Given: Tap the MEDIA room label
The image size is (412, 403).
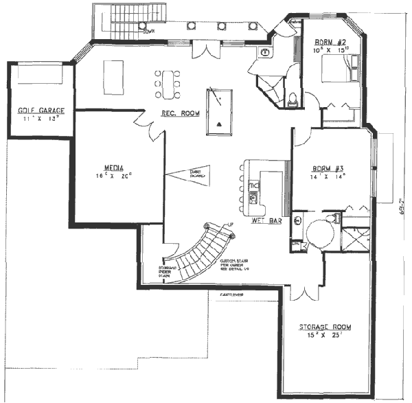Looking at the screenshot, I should (113, 168).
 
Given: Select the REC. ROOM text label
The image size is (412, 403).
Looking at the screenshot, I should (175, 113).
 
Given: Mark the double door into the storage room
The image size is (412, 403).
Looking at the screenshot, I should (299, 291).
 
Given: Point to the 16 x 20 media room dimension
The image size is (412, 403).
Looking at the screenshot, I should (113, 176).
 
